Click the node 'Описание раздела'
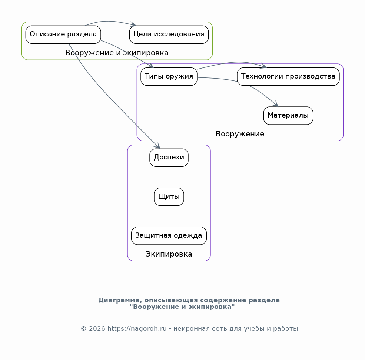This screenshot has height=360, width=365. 63,34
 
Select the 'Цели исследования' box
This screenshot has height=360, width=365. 169,34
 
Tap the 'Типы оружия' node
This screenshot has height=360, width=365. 169,77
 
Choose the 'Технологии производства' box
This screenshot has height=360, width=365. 288,77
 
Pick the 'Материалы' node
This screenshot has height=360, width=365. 288,116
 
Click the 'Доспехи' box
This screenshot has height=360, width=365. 169,158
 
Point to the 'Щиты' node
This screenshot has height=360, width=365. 169,197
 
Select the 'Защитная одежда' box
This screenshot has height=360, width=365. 169,236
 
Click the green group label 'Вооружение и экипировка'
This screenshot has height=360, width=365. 117,53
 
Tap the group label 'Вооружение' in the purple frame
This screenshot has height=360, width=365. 240,134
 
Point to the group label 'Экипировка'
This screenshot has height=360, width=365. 169,254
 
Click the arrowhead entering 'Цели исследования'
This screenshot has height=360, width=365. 134,24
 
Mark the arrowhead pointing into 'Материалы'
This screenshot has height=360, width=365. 276,104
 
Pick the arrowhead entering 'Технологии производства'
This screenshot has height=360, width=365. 264,66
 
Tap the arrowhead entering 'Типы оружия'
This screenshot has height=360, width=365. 151,65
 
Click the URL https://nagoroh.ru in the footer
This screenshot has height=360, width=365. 137,328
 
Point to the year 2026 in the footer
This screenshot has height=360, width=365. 97,328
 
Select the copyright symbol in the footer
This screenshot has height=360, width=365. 84,328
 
